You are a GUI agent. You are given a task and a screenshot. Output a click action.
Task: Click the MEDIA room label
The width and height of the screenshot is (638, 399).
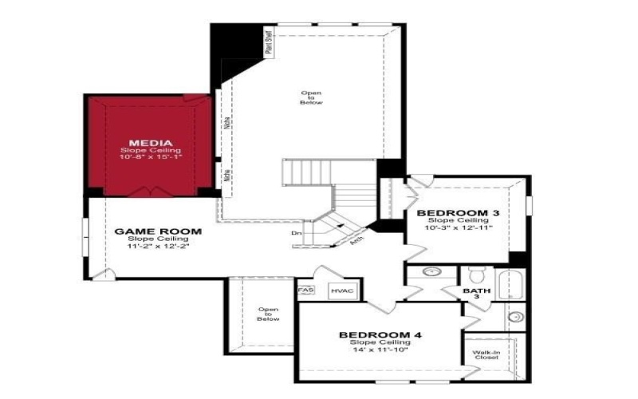pyautogui.click(x=151, y=144)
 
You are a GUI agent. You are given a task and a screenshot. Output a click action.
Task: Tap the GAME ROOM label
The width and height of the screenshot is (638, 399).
pyautogui.click(x=158, y=231)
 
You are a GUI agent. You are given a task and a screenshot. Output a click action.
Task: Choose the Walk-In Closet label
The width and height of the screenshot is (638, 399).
pyautogui.click(x=485, y=355)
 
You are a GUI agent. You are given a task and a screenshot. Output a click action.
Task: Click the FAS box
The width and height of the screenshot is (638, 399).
pyautogui.click(x=305, y=290)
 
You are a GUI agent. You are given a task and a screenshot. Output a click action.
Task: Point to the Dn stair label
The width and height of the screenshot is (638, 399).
pyautogui.click(x=296, y=233)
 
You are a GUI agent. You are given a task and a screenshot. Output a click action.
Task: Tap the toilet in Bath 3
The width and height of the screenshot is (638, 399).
pyautogui.click(x=477, y=275)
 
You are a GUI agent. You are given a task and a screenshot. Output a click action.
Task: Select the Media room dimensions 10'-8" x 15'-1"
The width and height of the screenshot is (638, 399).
pyautogui.click(x=151, y=158)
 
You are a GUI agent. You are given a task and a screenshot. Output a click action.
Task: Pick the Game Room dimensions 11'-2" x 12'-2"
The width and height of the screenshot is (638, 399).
pyautogui.click(x=158, y=247)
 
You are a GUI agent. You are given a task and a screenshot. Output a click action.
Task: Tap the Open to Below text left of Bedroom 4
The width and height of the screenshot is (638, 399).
pyautogui.click(x=268, y=314)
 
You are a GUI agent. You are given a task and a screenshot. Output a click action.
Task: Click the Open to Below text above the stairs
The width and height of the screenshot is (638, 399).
pyautogui.click(x=311, y=98)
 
